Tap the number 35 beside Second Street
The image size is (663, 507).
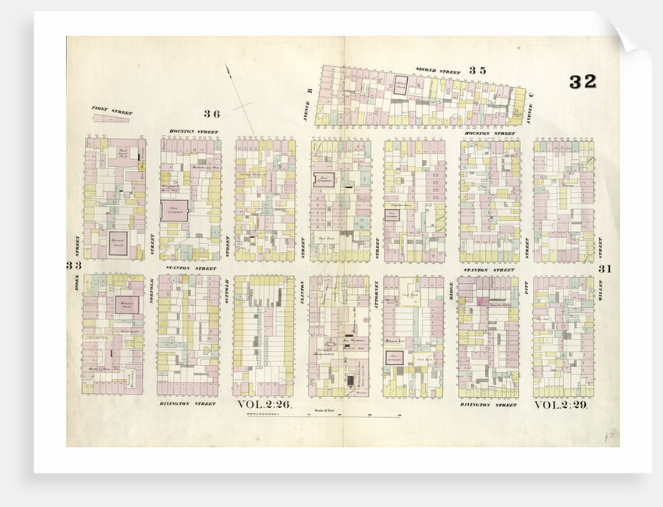477,71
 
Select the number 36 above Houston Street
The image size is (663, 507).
212,114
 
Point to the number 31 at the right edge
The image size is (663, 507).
604,269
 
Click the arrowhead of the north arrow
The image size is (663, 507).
229,69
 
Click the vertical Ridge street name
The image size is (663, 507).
451,290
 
